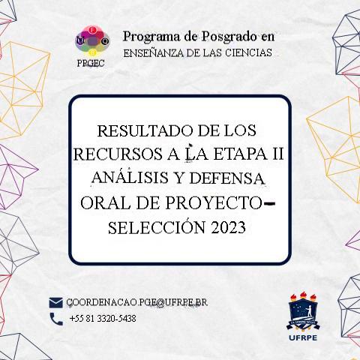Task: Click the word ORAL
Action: (104, 203)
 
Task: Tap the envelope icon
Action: (55, 302)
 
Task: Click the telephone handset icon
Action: (55, 319)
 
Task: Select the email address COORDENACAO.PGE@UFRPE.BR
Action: (136, 302)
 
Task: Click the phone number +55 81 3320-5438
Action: (102, 319)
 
